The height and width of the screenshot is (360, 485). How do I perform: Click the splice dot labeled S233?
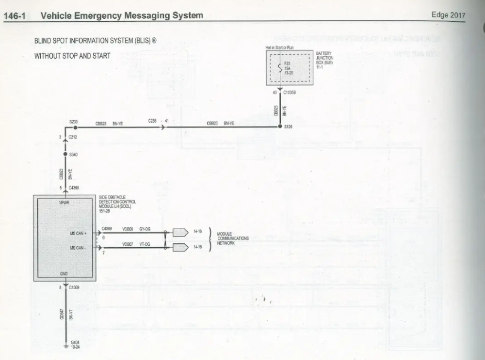coord(65,127)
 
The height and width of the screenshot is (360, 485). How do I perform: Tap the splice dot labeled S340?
coord(65,154)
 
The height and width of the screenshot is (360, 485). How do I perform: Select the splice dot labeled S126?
coord(280,126)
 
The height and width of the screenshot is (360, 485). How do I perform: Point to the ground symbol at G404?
coord(66,346)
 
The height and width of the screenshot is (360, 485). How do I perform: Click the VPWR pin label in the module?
coord(65,203)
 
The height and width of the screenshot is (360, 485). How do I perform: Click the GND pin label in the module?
coord(64,274)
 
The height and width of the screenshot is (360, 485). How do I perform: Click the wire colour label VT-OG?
coord(145,244)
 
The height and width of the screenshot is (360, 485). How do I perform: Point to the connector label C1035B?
coord(289,92)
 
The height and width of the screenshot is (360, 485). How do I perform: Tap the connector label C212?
coord(74,138)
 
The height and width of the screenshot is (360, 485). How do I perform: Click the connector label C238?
coord(153,121)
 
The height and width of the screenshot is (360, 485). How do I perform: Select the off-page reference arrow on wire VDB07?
coord(180,248)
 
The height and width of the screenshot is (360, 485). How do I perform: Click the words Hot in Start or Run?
coord(280,47)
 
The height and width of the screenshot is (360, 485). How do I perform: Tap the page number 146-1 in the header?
coord(15,16)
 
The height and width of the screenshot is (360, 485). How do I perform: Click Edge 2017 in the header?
coord(448,15)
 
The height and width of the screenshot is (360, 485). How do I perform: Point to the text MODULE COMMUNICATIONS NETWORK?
coord(233,239)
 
